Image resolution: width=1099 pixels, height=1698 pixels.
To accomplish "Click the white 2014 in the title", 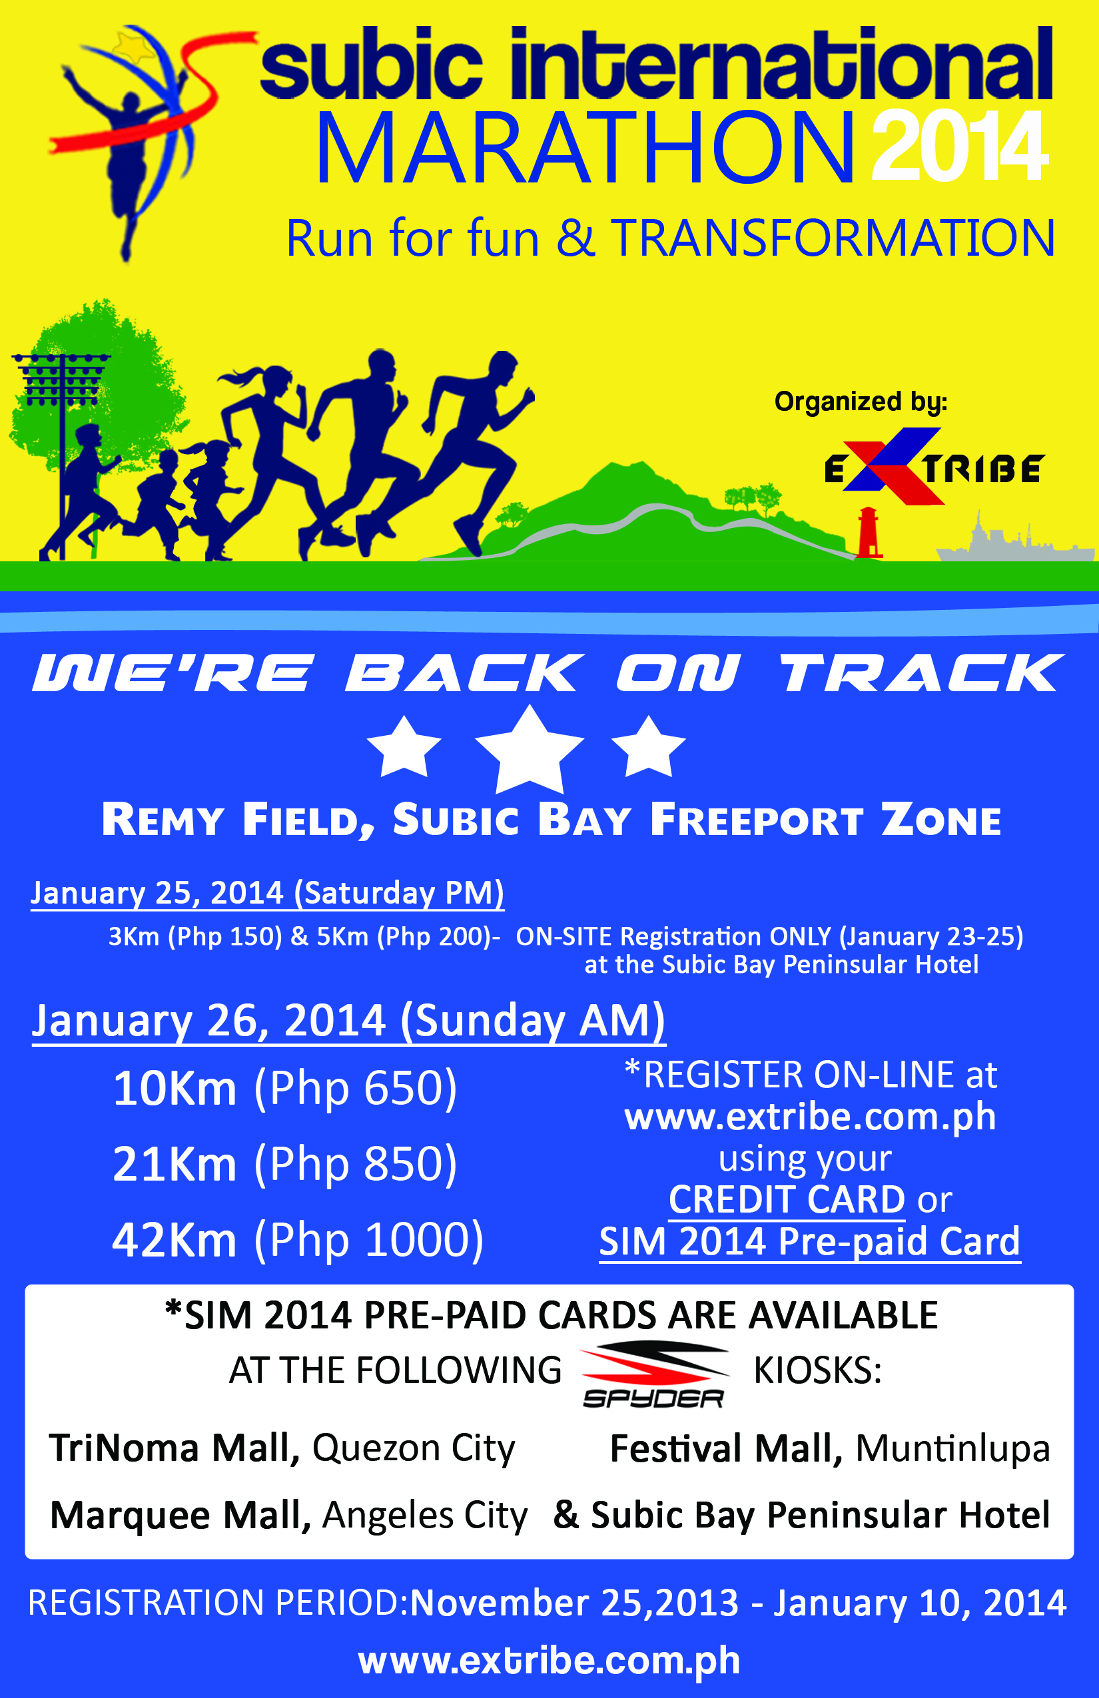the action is point(960,146).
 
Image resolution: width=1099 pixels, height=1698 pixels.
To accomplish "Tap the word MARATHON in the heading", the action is point(585,148).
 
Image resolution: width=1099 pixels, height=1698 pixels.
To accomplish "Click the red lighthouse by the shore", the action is point(868,531).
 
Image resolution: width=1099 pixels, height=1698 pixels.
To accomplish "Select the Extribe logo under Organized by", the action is point(933,467).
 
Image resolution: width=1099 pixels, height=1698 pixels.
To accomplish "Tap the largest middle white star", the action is point(530,750).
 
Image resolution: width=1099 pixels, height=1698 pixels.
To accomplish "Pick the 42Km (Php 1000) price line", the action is point(298,1240).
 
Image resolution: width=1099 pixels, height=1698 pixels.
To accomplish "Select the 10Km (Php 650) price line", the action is point(285,1089).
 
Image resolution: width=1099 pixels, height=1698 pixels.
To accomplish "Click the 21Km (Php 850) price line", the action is point(285,1165).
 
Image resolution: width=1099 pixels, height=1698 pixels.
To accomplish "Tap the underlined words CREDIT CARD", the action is point(787,1199).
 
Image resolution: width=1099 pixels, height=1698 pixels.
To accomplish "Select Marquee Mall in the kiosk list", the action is point(181,1516).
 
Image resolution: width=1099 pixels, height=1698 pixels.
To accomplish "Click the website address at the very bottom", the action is point(549,1660).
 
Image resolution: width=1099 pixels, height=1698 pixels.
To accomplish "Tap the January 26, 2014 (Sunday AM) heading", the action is point(349,1021).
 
